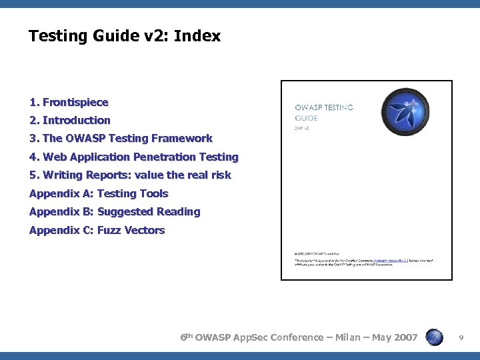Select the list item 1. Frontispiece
coord(69,102)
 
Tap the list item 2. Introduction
coord(70,120)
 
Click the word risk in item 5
coord(219,175)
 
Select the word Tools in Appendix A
coord(153,193)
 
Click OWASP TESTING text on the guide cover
coord(325,107)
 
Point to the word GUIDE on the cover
coord(307,118)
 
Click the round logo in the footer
coord(434,337)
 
